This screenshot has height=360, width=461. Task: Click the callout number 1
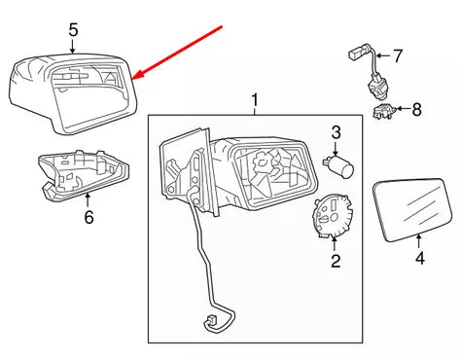coord(255,100)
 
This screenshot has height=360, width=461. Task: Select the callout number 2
coord(335,261)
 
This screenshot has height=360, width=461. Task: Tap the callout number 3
coord(335,131)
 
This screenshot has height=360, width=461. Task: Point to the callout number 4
coord(420,260)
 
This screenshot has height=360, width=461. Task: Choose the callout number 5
coord(73,31)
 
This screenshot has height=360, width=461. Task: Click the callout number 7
coord(396,55)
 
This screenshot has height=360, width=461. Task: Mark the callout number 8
coord(416,109)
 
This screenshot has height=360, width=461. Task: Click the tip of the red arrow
coord(135,78)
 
